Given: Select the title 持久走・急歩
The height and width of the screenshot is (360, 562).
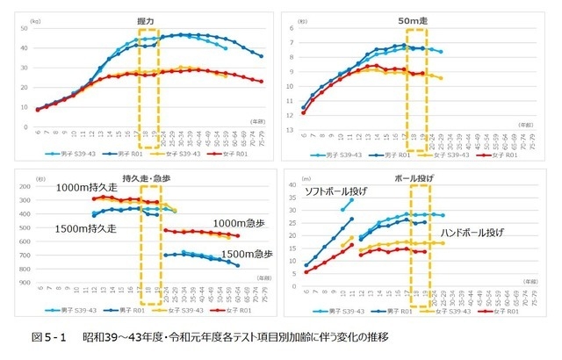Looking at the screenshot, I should point(142,179).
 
